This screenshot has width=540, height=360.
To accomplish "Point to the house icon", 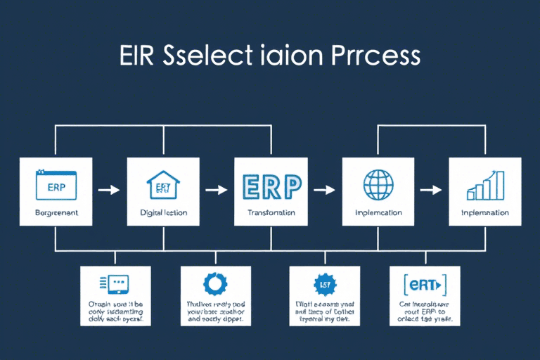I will [163, 185].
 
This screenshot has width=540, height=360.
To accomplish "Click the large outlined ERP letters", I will [271, 185].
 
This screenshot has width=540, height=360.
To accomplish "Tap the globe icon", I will [378, 184].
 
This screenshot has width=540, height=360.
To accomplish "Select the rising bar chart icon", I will [485, 184].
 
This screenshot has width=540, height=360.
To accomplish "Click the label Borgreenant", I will [56, 212].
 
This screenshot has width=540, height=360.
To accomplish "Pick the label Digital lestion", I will [163, 212].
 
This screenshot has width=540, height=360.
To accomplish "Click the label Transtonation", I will [271, 212].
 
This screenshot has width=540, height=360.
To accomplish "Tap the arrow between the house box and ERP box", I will [217, 190].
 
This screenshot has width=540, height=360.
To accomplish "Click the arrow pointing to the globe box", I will [324, 190].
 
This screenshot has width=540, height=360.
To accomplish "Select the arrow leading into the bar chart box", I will [431, 190].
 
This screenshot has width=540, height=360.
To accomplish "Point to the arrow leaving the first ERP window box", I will [109, 190].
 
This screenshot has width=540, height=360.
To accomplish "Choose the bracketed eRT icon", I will [424, 285].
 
